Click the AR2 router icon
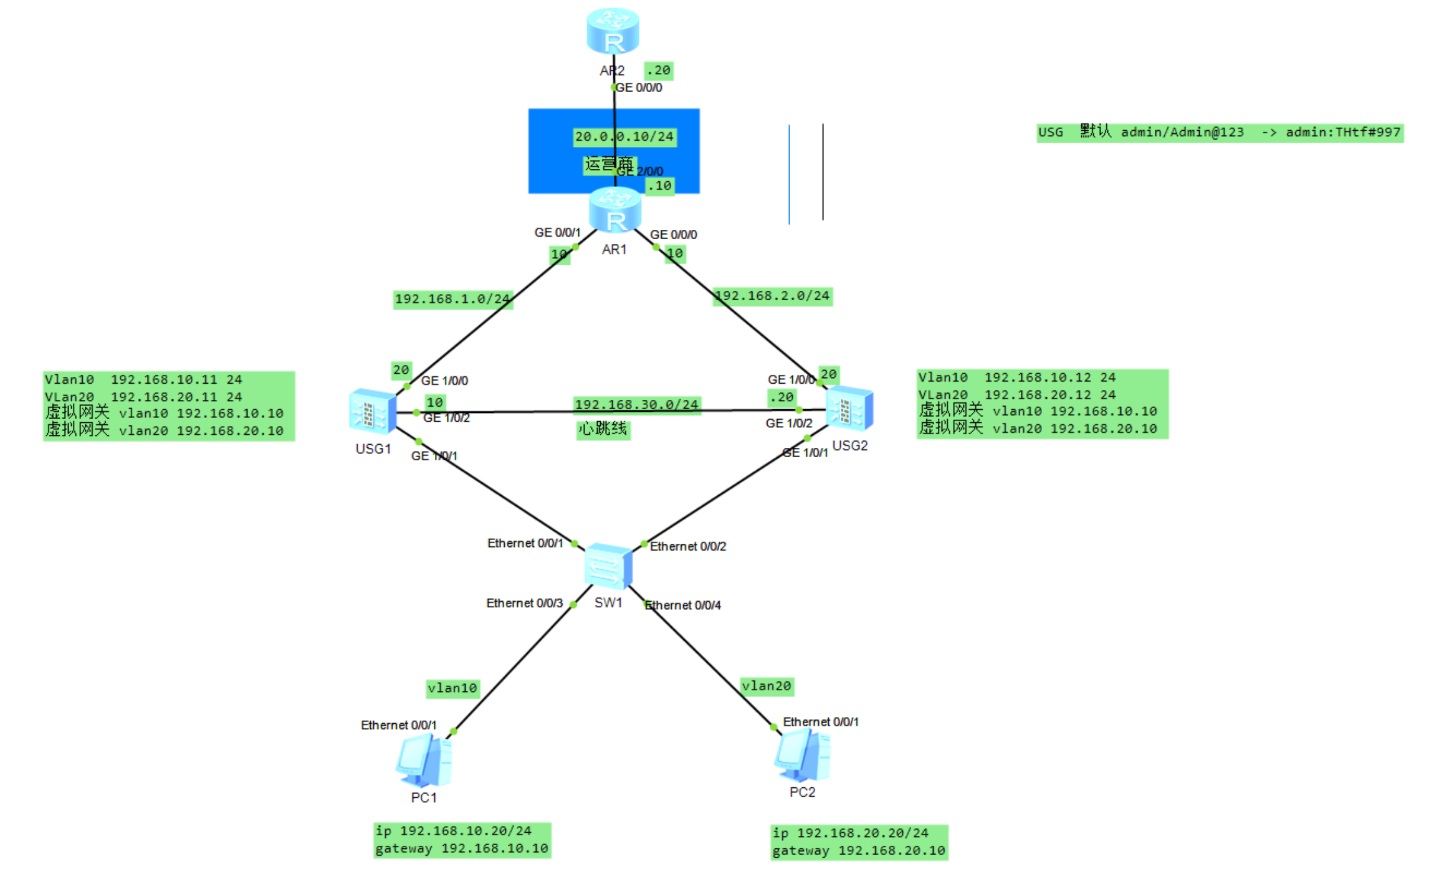pyautogui.click(x=613, y=31)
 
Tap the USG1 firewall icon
pyautogui.click(x=373, y=410)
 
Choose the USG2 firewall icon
pyautogui.click(x=849, y=409)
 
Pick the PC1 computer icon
pyautogui.click(x=424, y=760)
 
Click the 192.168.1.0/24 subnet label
pyautogui.click(x=452, y=300)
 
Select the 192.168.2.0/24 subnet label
pyautogui.click(x=772, y=296)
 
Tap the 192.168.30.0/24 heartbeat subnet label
pyautogui.click(x=636, y=405)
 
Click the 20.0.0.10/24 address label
pyautogui.click(x=624, y=137)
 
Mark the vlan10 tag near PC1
pyautogui.click(x=452, y=688)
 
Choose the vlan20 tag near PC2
pyautogui.click(x=767, y=686)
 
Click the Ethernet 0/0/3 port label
pyautogui.click(x=524, y=604)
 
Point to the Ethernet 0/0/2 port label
pyautogui.click(x=688, y=547)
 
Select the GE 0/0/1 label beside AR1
pyautogui.click(x=557, y=233)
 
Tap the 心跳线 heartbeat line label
pyautogui.click(x=603, y=429)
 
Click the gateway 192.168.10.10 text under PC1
pyautogui.click(x=462, y=849)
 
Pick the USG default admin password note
pyautogui.click(x=1220, y=133)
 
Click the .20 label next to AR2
pyautogui.click(x=658, y=71)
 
